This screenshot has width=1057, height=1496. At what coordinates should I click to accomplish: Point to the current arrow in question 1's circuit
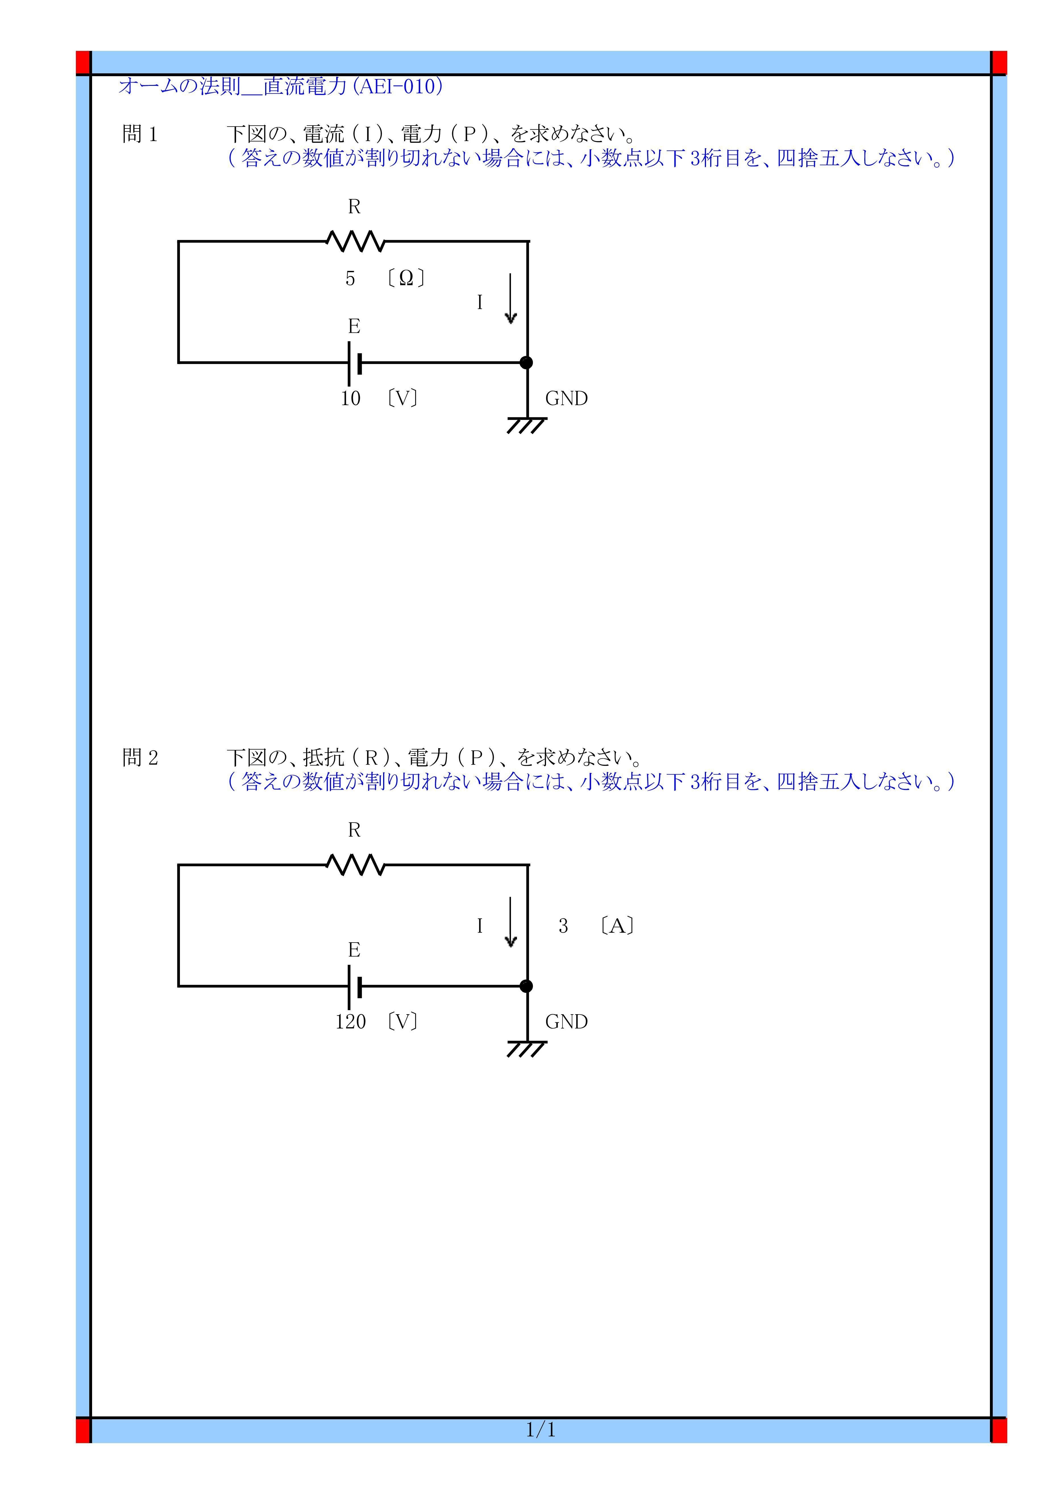pyautogui.click(x=511, y=298)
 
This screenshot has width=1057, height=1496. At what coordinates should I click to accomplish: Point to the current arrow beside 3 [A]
pyautogui.click(x=511, y=922)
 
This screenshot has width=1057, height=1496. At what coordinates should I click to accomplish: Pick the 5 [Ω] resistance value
pyautogui.click(x=385, y=279)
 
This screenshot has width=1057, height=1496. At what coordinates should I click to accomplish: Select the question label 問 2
pyautogui.click(x=140, y=758)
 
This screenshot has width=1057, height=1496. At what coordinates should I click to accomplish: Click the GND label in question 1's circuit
pyautogui.click(x=566, y=399)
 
